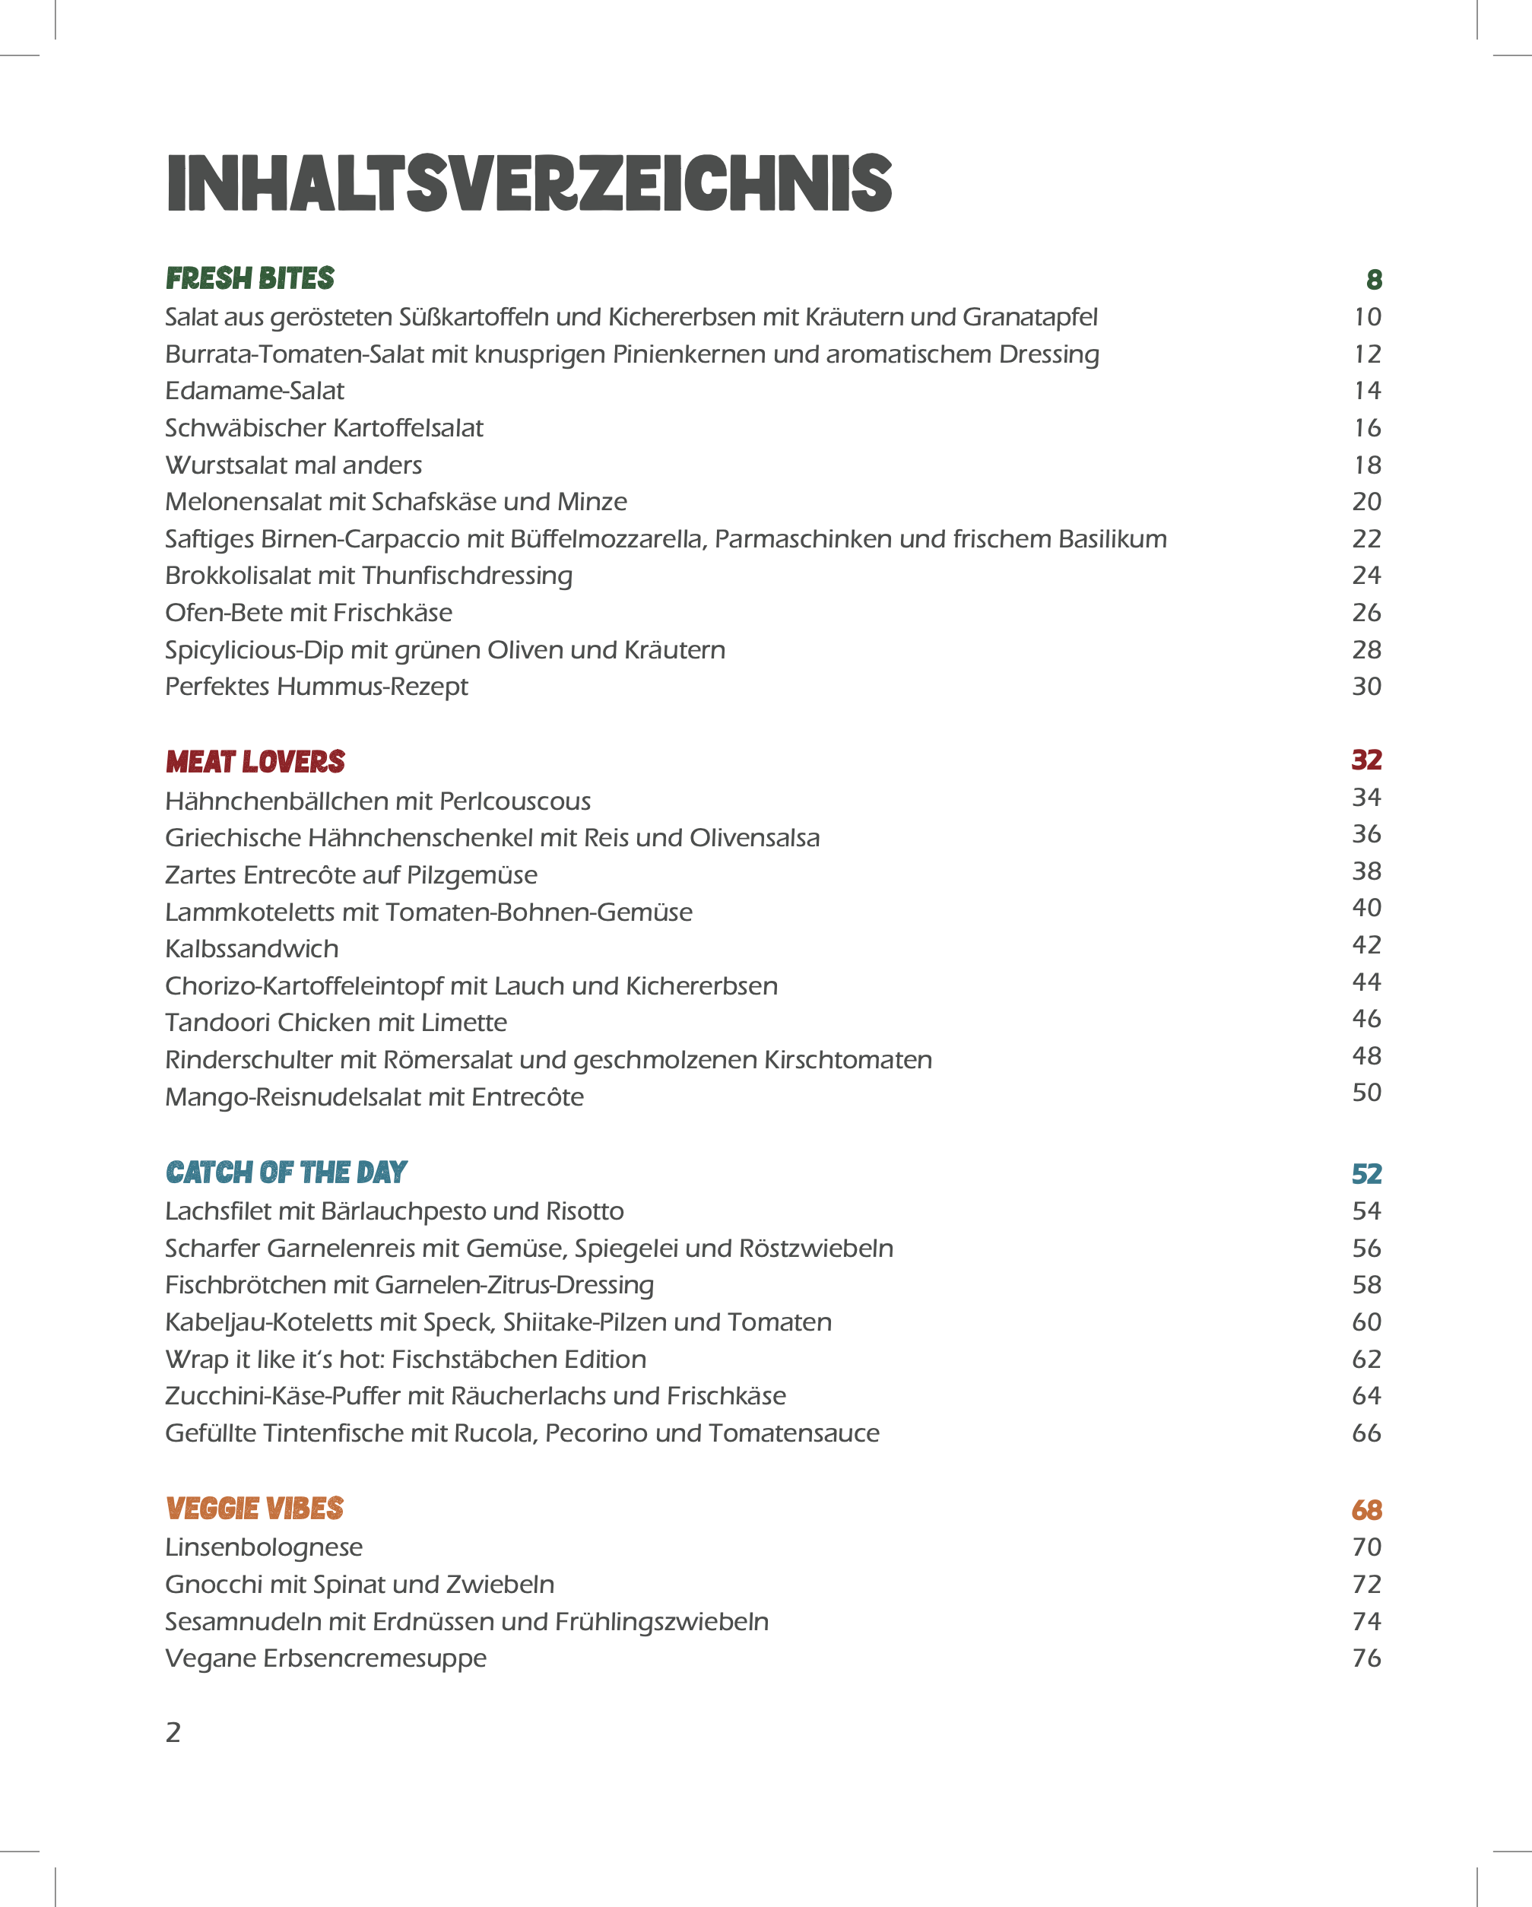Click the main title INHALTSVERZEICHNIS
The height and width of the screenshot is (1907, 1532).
click(x=529, y=183)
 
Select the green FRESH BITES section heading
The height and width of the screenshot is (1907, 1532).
click(x=250, y=278)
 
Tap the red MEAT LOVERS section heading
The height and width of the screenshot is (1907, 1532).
click(x=255, y=762)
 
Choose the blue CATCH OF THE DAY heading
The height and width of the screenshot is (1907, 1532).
click(x=286, y=1172)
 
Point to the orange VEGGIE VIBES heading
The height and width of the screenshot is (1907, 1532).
click(x=255, y=1509)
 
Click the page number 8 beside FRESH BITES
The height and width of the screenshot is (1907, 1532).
click(x=1374, y=281)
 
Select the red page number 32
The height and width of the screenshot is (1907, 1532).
click(x=1366, y=760)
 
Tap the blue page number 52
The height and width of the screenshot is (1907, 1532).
click(x=1366, y=1174)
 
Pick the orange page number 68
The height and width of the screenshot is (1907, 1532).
click(x=1366, y=1510)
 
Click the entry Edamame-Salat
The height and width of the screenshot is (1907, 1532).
click(x=255, y=391)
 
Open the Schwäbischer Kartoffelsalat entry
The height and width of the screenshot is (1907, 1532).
click(x=324, y=428)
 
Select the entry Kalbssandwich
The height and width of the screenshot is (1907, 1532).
click(x=252, y=949)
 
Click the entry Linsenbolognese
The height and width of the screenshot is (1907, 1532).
click(x=264, y=1547)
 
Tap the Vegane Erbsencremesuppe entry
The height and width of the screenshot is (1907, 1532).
click(x=325, y=1658)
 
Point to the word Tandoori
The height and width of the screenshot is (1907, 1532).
click(x=217, y=1023)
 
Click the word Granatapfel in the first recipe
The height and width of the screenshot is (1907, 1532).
click(x=1029, y=318)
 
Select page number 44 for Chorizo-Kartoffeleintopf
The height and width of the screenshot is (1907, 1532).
click(x=1366, y=982)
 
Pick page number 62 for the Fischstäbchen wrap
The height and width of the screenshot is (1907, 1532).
click(x=1366, y=1360)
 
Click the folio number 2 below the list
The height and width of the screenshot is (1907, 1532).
click(x=173, y=1732)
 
